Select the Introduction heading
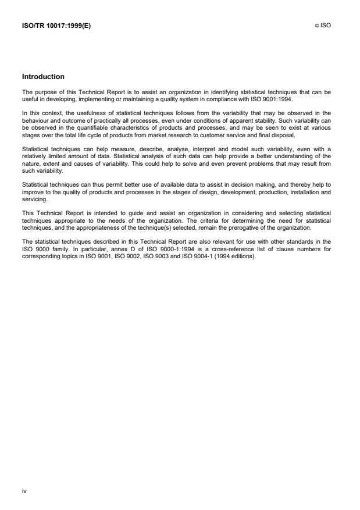pyautogui.click(x=43, y=77)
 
